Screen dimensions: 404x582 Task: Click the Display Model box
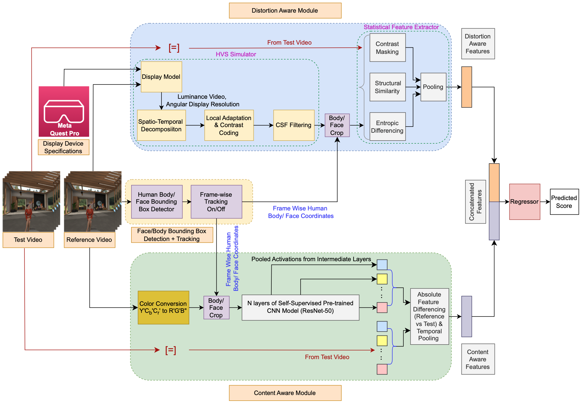coord(161,77)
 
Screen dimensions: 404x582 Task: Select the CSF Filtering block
coord(294,125)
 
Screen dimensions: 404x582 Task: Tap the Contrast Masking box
coord(387,48)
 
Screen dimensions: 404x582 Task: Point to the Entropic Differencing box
coord(387,127)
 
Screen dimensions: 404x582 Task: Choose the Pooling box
coord(433,87)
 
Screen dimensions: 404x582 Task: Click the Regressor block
coord(524,202)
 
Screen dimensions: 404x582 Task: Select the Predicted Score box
coord(564,202)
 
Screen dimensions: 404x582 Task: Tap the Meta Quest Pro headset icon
coord(64,111)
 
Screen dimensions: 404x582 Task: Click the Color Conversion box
coord(163,307)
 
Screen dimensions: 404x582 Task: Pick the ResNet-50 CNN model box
coord(300,307)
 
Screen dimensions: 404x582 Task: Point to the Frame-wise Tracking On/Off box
coord(216,202)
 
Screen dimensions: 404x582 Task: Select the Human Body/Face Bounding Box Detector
coord(156,202)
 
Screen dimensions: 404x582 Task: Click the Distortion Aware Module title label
coord(285,11)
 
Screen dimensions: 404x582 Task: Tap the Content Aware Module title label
coord(285,393)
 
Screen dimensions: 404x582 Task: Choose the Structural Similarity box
coord(387,87)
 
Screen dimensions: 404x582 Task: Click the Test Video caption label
coord(28,240)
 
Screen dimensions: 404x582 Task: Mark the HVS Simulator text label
coord(236,54)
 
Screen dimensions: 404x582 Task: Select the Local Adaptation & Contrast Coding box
coord(229,125)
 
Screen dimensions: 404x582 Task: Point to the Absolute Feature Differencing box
coord(429,316)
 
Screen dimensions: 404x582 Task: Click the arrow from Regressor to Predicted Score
coord(545,202)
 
